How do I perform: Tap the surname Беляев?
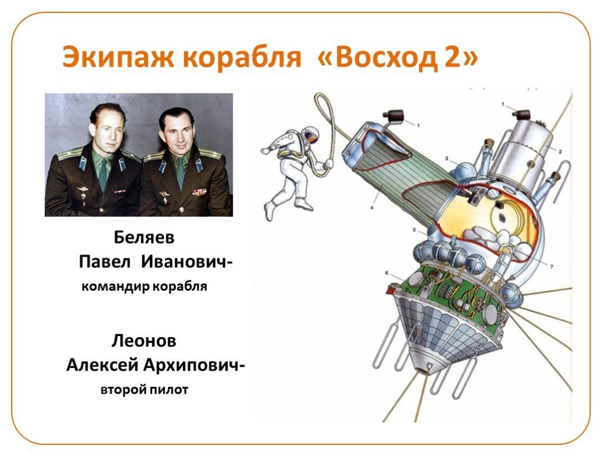pos(144,238)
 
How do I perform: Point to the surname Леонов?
pos(144,340)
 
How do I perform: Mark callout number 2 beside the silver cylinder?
pos(560,151)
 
